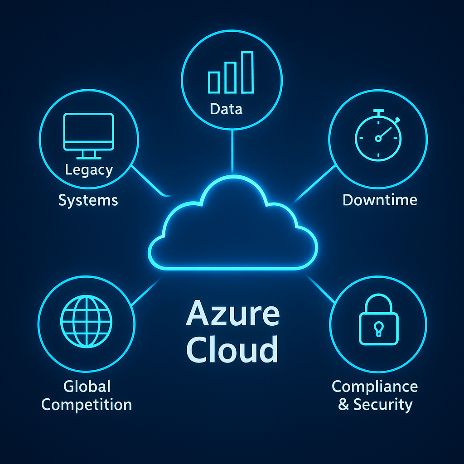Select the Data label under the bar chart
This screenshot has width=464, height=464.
(226, 109)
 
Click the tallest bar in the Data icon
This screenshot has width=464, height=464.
(247, 72)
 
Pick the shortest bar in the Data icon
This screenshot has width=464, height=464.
(213, 82)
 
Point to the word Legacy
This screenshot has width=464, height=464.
(89, 170)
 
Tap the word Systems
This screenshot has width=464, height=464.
(88, 200)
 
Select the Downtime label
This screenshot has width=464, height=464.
(380, 200)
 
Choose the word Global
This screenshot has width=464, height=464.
(87, 387)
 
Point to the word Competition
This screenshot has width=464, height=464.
(87, 405)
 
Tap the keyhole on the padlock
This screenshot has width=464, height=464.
(378, 327)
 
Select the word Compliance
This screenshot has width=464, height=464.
(375, 387)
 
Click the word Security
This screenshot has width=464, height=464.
(383, 405)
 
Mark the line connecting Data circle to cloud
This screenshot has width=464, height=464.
(232, 152)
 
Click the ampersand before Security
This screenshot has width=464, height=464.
(344, 405)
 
